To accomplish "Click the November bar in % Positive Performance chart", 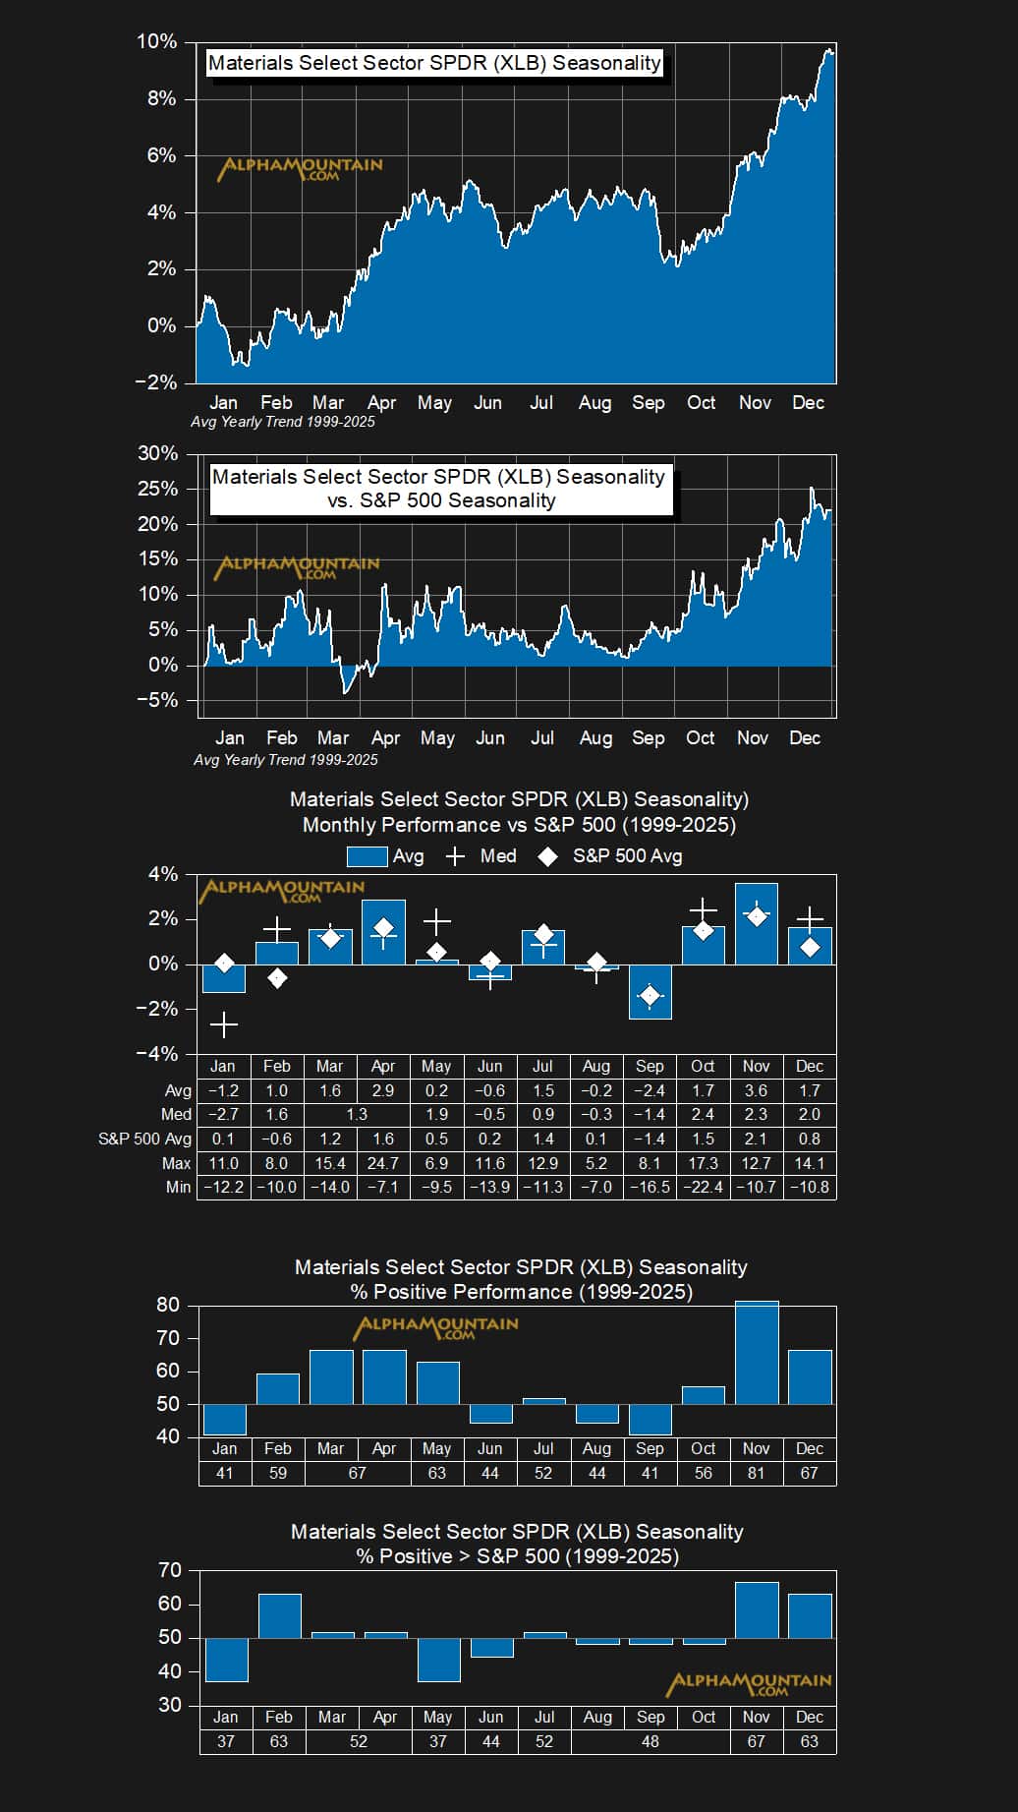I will tap(757, 1352).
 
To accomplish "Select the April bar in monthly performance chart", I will tap(383, 931).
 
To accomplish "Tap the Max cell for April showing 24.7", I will tap(383, 1163).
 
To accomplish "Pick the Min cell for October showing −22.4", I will tap(703, 1187).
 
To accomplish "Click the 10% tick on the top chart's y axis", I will tap(156, 42).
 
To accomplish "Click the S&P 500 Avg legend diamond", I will tap(547, 856).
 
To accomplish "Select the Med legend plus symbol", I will tap(455, 856).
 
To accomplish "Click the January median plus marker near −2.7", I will tap(224, 1025).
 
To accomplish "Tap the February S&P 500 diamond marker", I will tap(277, 978).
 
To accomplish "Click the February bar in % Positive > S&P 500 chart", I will tap(279, 1615).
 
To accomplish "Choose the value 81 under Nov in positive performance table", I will tap(756, 1473).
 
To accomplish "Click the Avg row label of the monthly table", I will tap(178, 1090).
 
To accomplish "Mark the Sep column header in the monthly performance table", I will tap(650, 1066).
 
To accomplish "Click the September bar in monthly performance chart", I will tap(650, 991).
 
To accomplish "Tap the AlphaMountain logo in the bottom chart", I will tap(749, 1684).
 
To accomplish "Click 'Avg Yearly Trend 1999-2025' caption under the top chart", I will tap(283, 422).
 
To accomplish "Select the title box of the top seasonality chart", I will tap(434, 63).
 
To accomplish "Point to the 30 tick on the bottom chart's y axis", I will tap(170, 1705).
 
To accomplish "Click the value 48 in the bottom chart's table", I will tap(650, 1741).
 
